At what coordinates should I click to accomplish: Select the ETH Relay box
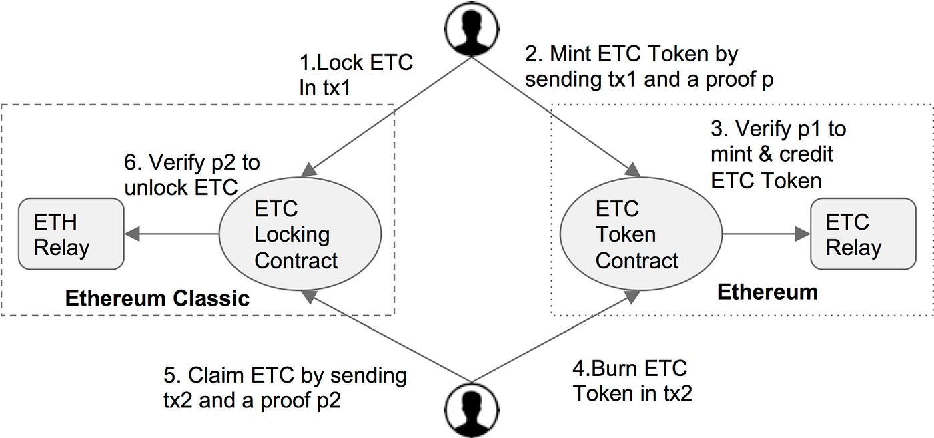click(71, 234)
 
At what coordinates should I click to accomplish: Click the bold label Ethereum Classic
click(157, 298)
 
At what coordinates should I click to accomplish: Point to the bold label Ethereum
click(767, 292)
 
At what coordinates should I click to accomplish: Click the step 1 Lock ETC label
click(356, 75)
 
